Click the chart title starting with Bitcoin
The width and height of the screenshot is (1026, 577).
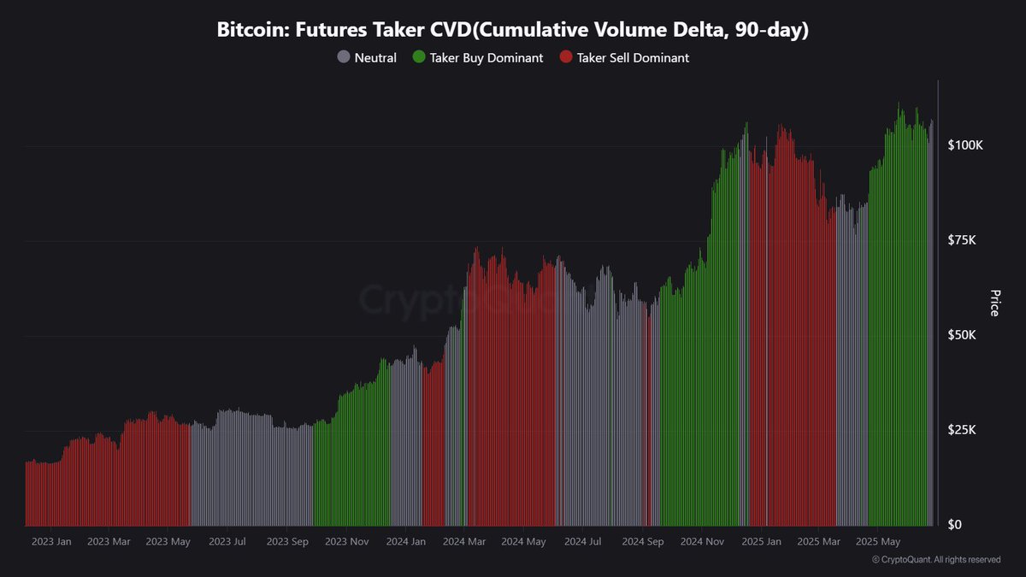(x=513, y=30)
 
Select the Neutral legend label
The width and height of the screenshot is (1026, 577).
(x=375, y=58)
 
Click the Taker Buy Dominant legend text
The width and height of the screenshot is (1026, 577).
(x=486, y=58)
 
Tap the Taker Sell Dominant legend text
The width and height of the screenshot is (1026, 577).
(x=633, y=58)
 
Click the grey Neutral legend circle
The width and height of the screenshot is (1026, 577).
(x=344, y=58)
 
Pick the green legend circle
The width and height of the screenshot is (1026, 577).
(x=418, y=58)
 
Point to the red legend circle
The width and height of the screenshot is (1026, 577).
(x=565, y=58)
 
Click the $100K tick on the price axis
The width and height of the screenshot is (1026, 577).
(x=966, y=145)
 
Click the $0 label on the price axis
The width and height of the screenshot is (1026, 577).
(x=955, y=525)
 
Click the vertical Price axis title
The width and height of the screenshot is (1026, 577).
(x=994, y=303)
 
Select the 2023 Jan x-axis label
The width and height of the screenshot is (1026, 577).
(x=51, y=541)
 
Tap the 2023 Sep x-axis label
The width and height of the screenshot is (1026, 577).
(x=287, y=541)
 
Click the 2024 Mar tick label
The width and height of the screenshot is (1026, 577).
(x=465, y=541)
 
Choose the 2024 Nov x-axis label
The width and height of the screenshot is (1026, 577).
(x=702, y=541)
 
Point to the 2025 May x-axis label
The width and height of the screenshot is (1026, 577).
(x=878, y=541)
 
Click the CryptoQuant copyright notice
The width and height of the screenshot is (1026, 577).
(x=935, y=560)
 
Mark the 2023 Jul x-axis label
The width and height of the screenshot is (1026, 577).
(x=227, y=541)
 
